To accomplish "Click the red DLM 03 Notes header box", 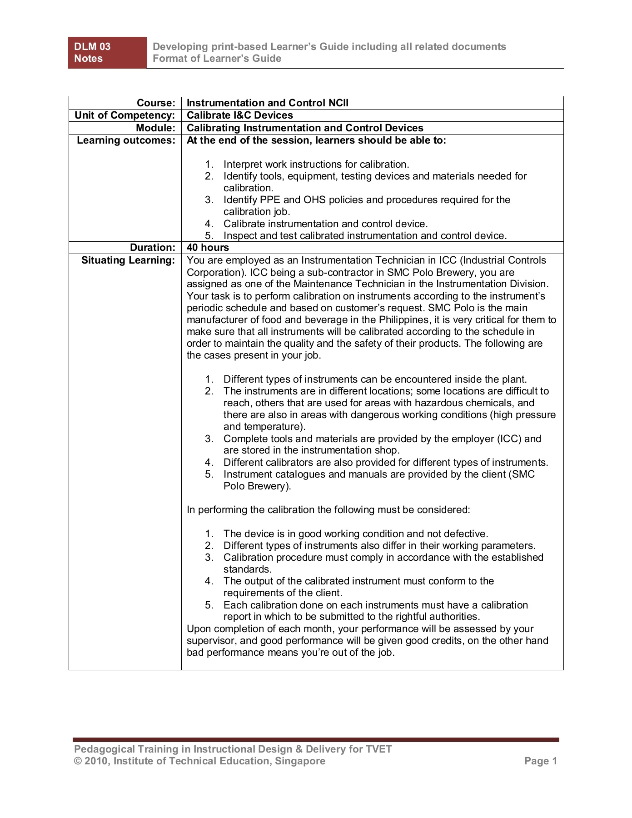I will [x=107, y=53].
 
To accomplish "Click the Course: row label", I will [x=156, y=103].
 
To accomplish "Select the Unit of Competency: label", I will [x=124, y=115].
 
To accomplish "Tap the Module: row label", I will [x=155, y=128].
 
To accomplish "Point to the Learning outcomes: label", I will [x=126, y=140].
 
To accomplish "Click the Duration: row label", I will [x=152, y=248].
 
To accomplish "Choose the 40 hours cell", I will [x=208, y=248].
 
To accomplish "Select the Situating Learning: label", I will [x=128, y=260].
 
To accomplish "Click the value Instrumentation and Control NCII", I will [x=268, y=103].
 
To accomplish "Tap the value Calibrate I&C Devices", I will [x=240, y=115].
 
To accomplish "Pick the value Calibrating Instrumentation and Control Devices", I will [x=305, y=128].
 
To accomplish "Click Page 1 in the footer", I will [x=540, y=761].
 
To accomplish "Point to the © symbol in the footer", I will [x=78, y=761].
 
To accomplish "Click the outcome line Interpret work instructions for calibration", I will [x=316, y=165].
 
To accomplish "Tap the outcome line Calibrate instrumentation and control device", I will [x=325, y=224].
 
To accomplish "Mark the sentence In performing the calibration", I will [x=328, y=510].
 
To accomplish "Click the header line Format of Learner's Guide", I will [x=217, y=59].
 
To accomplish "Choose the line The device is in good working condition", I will [x=355, y=534].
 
